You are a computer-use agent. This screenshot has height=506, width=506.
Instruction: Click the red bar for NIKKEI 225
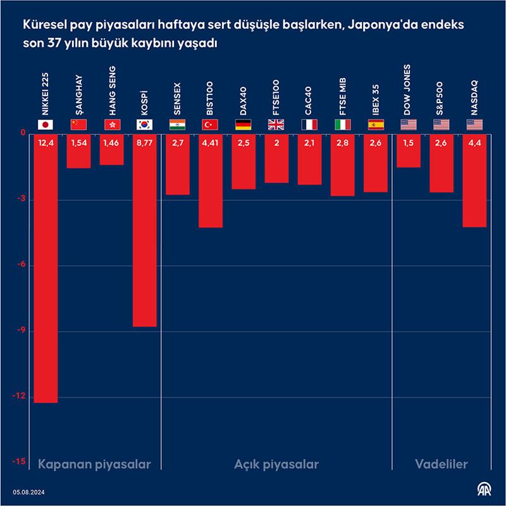46,272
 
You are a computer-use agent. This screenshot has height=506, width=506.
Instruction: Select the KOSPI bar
144,234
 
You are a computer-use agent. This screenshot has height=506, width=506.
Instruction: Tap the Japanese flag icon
46,125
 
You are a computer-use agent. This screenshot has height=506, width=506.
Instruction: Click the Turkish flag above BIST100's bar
210,125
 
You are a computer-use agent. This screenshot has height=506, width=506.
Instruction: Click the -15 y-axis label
20,463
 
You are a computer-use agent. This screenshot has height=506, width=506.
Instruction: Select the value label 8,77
144,143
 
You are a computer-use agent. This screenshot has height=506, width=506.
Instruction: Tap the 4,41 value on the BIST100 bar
210,143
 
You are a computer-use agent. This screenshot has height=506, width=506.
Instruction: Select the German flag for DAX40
244,125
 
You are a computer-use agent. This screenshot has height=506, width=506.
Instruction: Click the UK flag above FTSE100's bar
276,125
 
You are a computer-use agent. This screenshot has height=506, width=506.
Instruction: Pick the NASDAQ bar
474,184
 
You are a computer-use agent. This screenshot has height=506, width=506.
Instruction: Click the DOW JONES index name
408,89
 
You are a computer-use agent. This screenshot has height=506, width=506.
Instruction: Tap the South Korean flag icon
144,125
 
